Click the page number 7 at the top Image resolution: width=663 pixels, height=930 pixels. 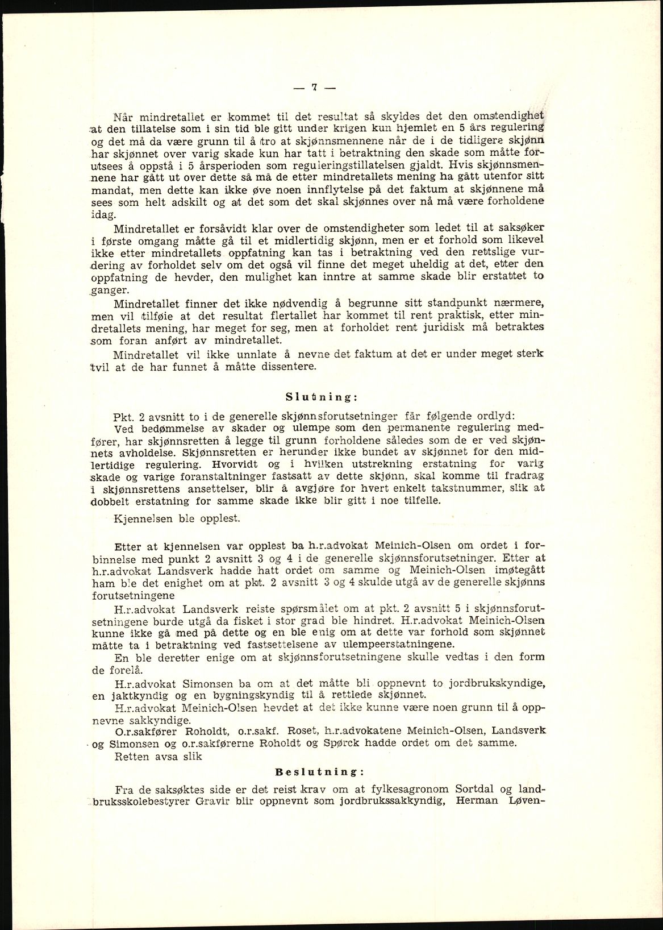pyautogui.click(x=314, y=88)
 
